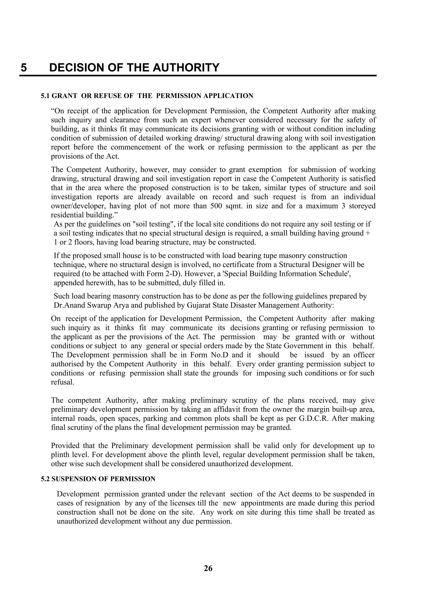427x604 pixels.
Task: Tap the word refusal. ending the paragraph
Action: coord(62,382)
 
